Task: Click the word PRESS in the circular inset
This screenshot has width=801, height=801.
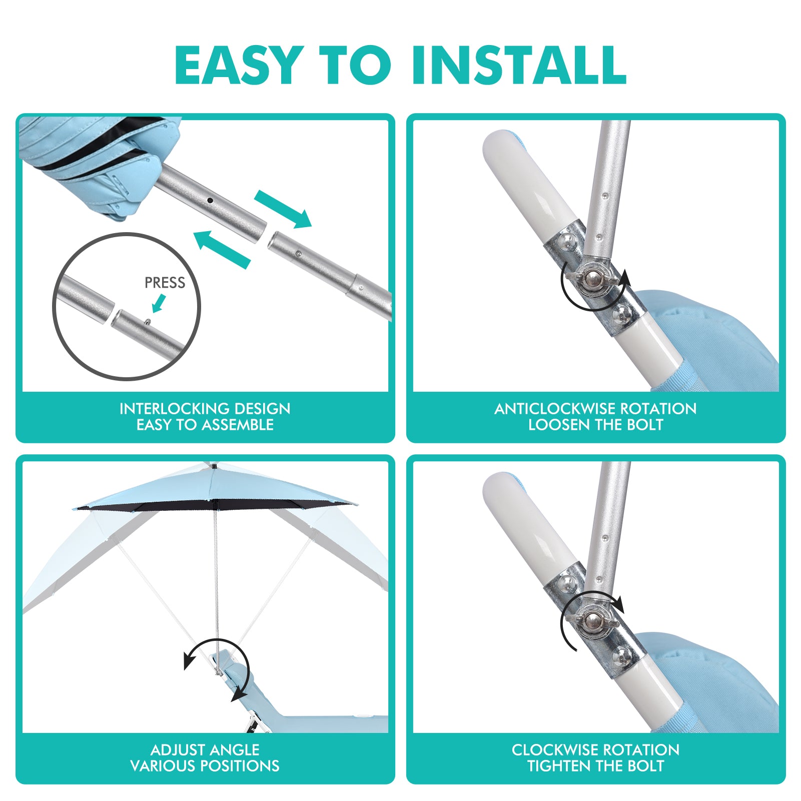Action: (x=165, y=283)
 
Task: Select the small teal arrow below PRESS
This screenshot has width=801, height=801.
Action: (x=159, y=303)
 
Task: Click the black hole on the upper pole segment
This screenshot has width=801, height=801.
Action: (x=210, y=200)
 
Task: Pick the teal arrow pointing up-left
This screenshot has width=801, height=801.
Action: (x=222, y=249)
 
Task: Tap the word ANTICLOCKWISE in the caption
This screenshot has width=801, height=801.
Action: (x=559, y=409)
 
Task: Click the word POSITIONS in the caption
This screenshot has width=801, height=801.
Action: (x=240, y=766)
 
